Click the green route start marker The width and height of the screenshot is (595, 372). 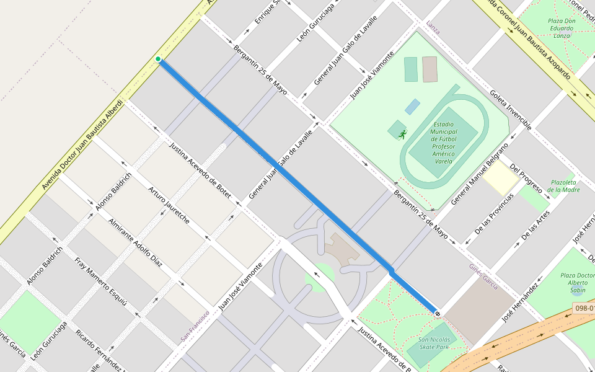click(158, 60)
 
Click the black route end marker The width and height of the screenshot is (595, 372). click(438, 313)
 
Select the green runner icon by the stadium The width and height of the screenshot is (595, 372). click(403, 134)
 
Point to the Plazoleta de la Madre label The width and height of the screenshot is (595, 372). click(563, 186)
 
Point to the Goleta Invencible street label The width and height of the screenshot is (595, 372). click(510, 110)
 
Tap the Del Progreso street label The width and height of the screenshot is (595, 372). click(526, 178)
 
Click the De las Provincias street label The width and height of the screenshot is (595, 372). click(494, 214)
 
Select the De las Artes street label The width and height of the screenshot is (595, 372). click(535, 225)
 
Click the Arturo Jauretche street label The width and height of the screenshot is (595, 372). click(169, 204)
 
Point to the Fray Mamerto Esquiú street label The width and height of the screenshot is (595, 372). click(101, 281)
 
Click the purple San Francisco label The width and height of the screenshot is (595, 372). click(195, 326)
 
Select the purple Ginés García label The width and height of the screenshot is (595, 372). click(483, 275)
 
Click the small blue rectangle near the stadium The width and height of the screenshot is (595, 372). click(412, 107)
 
